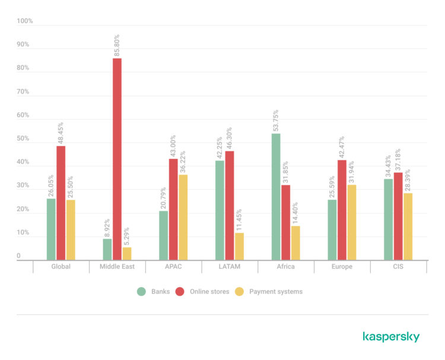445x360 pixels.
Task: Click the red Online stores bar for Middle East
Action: (x=117, y=159)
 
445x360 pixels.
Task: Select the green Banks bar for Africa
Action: (x=276, y=196)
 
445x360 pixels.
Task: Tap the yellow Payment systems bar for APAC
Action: (x=183, y=217)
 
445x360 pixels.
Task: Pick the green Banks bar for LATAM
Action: (x=220, y=210)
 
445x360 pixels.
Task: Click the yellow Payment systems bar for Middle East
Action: (x=127, y=253)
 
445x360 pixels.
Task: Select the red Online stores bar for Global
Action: (x=61, y=203)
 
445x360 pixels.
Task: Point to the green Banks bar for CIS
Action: (x=388, y=219)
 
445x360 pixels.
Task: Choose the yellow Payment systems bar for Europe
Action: (x=352, y=222)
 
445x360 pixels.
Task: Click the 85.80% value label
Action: (x=117, y=45)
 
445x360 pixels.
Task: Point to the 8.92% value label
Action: (x=107, y=227)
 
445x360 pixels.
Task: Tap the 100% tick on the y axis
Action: (x=25, y=21)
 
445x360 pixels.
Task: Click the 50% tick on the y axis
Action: (x=23, y=139)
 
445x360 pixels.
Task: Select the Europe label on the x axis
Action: (x=342, y=267)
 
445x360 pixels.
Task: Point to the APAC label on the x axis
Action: (x=173, y=267)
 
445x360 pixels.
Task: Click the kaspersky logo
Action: (x=390, y=337)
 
